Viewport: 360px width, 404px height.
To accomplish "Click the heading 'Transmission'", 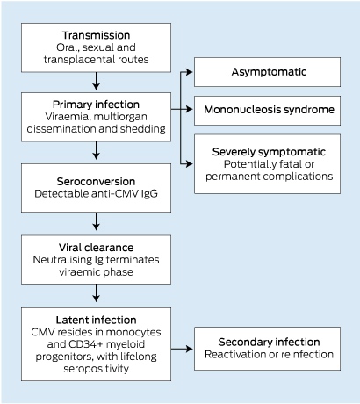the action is pyautogui.click(x=96, y=35).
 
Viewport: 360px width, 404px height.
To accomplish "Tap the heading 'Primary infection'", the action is pyautogui.click(x=96, y=105).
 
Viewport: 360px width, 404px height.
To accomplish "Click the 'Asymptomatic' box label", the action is pyautogui.click(x=269, y=72).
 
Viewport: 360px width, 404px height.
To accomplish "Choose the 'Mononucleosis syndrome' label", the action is pyautogui.click(x=269, y=110).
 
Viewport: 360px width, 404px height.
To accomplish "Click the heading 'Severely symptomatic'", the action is pyautogui.click(x=269, y=152).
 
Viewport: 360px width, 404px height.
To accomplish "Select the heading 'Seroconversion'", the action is pyautogui.click(x=96, y=182).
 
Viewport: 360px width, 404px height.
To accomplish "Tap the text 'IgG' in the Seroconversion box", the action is pyautogui.click(x=149, y=194).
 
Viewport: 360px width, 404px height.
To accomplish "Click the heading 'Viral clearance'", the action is pyautogui.click(x=96, y=248).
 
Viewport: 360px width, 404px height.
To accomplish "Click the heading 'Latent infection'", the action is pyautogui.click(x=96, y=320).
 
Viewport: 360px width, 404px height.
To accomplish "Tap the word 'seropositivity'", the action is pyautogui.click(x=96, y=369).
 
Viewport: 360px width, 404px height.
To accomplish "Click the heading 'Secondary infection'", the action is pyautogui.click(x=269, y=342).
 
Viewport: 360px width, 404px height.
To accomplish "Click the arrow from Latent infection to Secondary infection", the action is pyautogui.click(x=182, y=349).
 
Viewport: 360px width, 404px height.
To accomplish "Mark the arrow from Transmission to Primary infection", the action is pyautogui.click(x=96, y=81).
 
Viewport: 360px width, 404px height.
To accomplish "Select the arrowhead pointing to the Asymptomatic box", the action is pyautogui.click(x=190, y=72).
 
